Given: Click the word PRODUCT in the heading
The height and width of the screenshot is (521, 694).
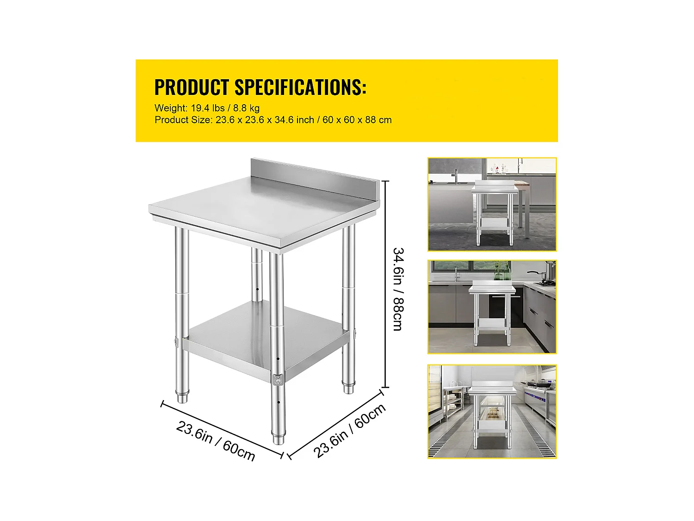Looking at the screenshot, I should pos(192,87).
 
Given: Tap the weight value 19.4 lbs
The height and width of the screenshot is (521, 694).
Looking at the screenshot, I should pos(208,108).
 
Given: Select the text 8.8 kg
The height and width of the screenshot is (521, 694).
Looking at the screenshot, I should pos(246,108).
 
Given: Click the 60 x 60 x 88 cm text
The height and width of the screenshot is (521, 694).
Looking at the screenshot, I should pos(357,120).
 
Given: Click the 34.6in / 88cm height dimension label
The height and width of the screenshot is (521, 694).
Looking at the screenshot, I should pos(398,289).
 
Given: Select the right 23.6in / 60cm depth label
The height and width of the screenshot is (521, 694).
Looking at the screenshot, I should pos(350,431).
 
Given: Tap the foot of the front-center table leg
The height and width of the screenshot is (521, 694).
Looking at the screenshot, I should pos(278,439).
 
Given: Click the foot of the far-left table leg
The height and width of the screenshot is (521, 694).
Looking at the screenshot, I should pos(182,397).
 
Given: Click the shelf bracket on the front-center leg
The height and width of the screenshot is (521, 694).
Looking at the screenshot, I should pos(278,379).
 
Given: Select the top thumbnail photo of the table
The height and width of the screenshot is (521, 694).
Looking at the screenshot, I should pos(492,204).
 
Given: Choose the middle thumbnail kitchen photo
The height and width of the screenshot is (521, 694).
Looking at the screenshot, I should pos(492,307).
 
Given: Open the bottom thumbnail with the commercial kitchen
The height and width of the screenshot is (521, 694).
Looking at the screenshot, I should pos(492,412).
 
